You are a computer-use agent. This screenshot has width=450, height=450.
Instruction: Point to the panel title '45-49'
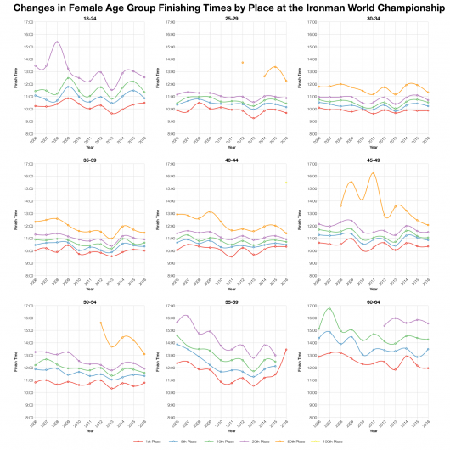coord(375,160)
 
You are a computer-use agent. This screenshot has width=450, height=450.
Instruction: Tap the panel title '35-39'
coord(82,160)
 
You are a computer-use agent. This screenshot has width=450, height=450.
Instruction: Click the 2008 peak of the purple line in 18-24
coord(57,42)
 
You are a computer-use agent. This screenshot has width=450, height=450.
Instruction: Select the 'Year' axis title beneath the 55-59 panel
coord(229,432)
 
